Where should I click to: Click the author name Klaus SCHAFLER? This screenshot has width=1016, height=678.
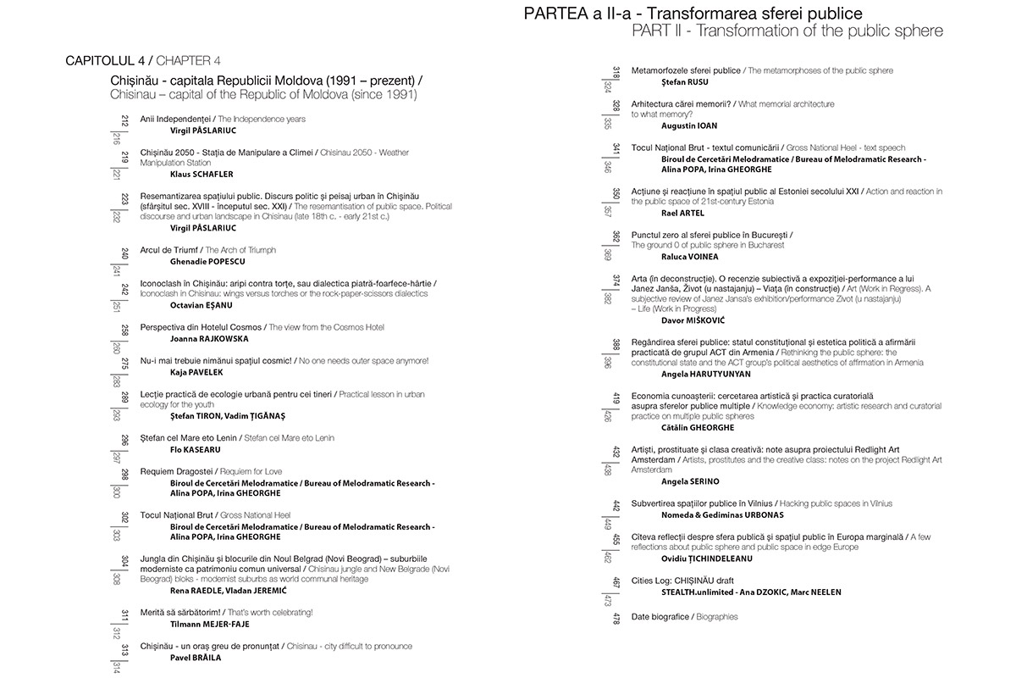pos(202,175)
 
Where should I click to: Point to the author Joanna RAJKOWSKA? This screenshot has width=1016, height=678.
pos(209,338)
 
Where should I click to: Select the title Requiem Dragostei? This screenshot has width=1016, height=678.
pos(176,471)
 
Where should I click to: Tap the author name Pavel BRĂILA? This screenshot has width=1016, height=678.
pos(196,658)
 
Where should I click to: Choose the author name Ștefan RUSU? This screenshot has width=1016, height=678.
pos(684,82)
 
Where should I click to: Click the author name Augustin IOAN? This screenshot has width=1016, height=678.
pos(689,125)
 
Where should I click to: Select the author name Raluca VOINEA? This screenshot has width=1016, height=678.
pos(689,257)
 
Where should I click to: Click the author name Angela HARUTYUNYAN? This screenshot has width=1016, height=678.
pos(705,374)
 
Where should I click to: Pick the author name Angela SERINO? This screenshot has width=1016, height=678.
pos(690,481)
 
